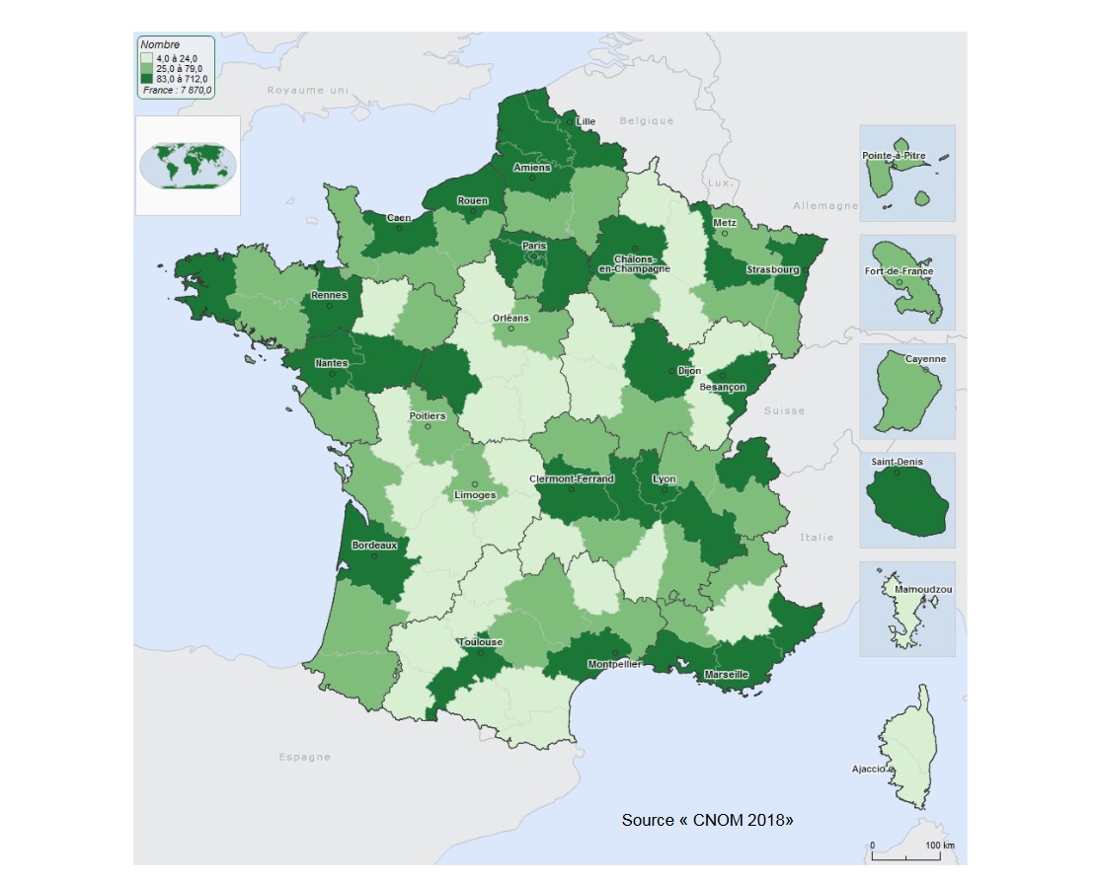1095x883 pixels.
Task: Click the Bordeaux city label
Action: click(374, 545)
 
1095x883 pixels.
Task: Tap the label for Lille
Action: click(586, 121)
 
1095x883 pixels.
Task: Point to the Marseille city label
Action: click(727, 675)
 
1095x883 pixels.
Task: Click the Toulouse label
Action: click(480, 642)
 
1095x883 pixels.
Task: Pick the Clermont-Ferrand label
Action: click(572, 479)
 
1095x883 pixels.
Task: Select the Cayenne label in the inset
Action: click(925, 359)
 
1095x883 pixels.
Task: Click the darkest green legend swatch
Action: click(147, 77)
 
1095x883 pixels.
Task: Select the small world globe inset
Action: click(188, 165)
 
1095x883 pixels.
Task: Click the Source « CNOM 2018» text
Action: click(707, 820)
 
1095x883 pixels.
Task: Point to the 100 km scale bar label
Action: click(939, 846)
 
